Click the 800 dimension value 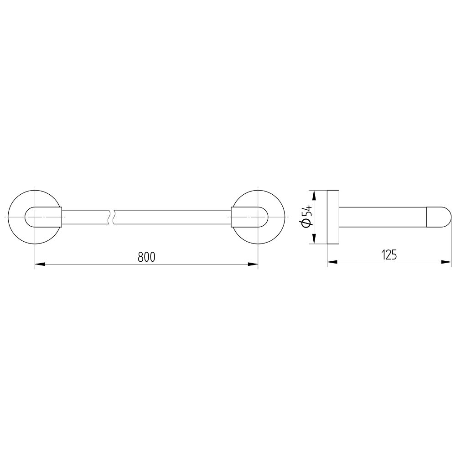pos(146,257)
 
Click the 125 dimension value pos(389,255)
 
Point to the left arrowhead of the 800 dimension pos(40,264)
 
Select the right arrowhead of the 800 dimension pos(253,264)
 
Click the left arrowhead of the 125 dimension pos(332,262)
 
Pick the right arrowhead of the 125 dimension pos(446,262)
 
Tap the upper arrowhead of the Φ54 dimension pos(314,196)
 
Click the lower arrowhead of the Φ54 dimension pos(314,239)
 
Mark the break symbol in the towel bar pos(111,217)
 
